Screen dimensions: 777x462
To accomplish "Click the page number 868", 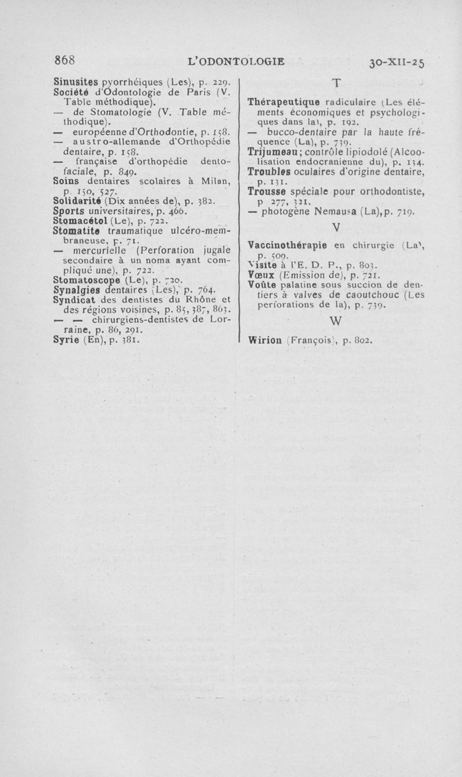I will pyautogui.click(x=65, y=60).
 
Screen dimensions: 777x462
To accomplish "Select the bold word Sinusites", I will pyautogui.click(x=75, y=76).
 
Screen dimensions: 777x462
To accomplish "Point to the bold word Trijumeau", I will pyautogui.click(x=271, y=151).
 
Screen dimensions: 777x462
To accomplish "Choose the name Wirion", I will pyautogui.click(x=266, y=340).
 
